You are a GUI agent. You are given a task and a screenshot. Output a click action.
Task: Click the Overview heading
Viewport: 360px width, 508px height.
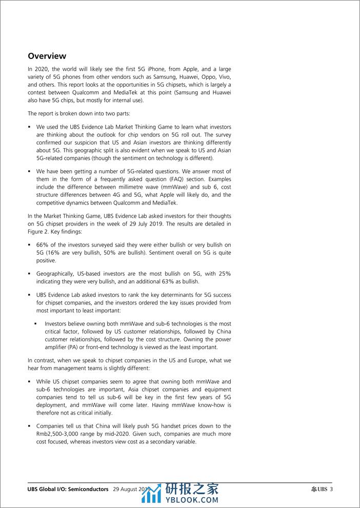(x=47, y=56)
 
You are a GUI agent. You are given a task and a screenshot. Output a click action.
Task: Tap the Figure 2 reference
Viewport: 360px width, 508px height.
(x=39, y=232)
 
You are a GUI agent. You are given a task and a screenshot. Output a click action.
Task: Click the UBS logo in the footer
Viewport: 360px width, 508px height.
(x=318, y=489)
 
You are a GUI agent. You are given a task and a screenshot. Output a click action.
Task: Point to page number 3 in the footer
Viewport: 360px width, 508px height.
(x=331, y=489)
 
